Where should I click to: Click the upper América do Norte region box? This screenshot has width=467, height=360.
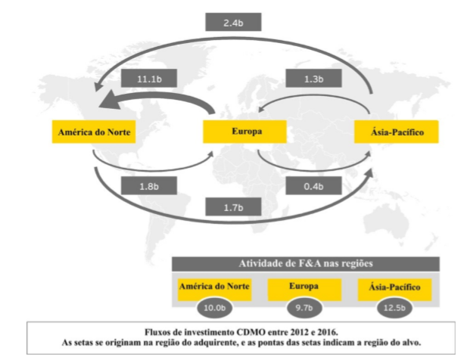point(94,132)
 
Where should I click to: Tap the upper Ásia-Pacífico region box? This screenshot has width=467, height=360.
point(395,132)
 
